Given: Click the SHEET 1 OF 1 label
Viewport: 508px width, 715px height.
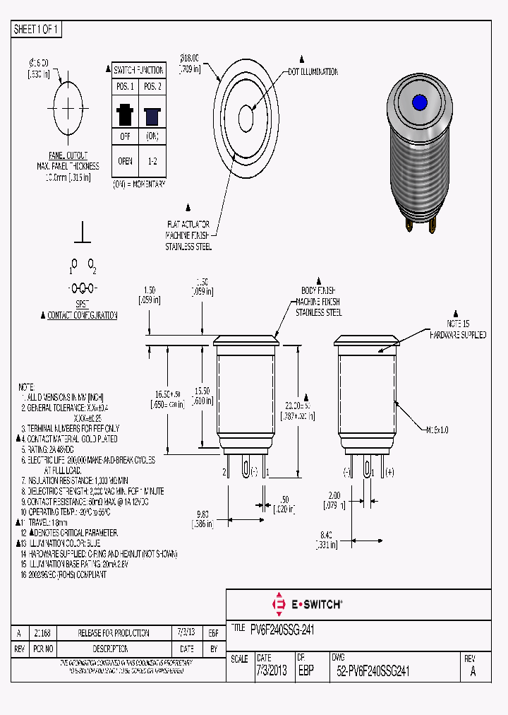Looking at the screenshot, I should (x=37, y=29).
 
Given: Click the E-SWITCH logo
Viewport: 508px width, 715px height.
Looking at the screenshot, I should (x=307, y=604).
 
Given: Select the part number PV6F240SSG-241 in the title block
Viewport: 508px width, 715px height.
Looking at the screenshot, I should (x=282, y=628).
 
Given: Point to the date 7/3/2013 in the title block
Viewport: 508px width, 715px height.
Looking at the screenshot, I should (x=272, y=672).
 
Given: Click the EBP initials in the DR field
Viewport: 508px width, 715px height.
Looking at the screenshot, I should (x=306, y=672).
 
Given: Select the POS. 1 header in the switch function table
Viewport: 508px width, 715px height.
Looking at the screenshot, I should (x=125, y=86).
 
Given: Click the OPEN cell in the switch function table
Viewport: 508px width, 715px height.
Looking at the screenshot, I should (x=125, y=161).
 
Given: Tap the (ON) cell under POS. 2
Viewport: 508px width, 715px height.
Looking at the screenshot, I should (x=152, y=136).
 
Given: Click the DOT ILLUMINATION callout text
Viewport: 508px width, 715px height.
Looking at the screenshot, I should (x=313, y=72).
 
